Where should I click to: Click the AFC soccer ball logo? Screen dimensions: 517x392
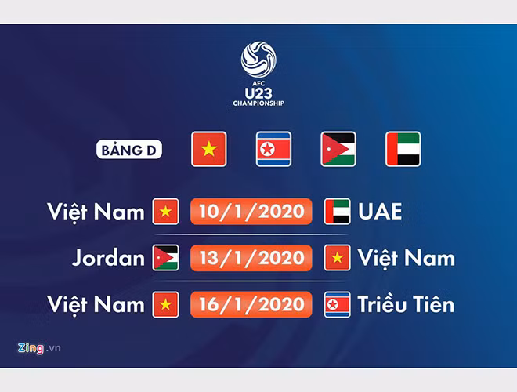[x=258, y=60]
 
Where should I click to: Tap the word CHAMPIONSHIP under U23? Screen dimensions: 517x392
[x=258, y=103]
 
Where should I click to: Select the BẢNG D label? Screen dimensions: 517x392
[x=129, y=150]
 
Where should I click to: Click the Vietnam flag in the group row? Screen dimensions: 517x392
[x=209, y=149]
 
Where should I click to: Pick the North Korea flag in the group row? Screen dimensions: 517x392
[x=273, y=149]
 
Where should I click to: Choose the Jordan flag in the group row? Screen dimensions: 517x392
[x=338, y=149]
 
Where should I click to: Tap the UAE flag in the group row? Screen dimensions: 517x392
[x=403, y=149]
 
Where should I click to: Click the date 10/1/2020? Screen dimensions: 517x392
[x=251, y=211]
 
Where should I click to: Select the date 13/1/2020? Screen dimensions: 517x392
[x=251, y=258]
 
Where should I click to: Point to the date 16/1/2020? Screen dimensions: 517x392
[x=251, y=304]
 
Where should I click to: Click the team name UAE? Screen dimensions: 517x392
[x=380, y=211]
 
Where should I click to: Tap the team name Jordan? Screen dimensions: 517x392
[x=108, y=258]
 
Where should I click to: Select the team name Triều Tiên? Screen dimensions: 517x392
[x=407, y=303]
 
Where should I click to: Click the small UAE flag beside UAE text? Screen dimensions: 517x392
[x=338, y=212]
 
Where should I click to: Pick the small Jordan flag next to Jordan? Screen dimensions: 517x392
[x=165, y=258]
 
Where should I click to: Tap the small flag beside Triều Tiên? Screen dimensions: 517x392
[x=338, y=304]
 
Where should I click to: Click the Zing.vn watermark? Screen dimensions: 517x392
[x=39, y=348]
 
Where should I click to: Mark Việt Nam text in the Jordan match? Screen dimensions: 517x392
[x=407, y=258]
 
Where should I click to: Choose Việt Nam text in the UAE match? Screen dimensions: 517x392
[x=96, y=212]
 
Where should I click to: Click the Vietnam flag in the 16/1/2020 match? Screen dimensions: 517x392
[x=165, y=304]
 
